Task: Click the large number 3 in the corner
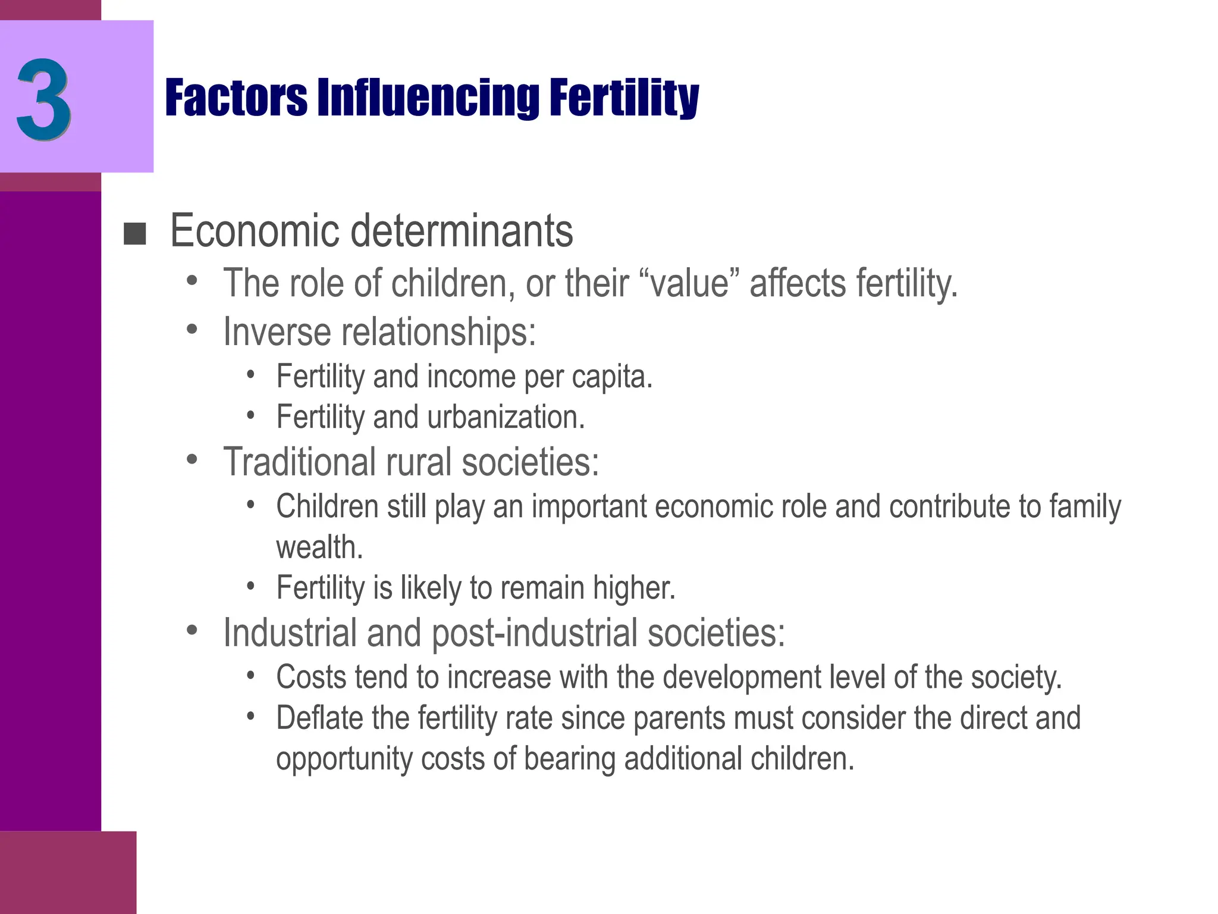coord(44,99)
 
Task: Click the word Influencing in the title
coord(428,98)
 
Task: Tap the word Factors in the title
coord(236,98)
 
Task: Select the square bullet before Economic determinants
coord(134,234)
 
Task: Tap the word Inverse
coord(277,331)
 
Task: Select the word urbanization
coord(506,417)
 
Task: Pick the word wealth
coord(319,547)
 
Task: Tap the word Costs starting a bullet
coord(310,677)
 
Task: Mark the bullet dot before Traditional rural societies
coord(192,459)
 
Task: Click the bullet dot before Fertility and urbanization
coord(251,415)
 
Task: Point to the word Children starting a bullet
coord(327,506)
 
